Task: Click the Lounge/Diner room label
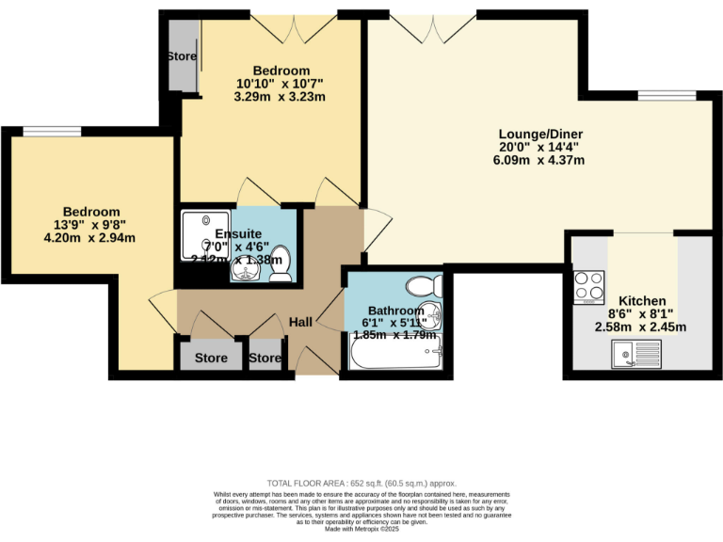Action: click(x=540, y=134)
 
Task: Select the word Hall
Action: click(x=300, y=322)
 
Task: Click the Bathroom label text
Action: click(x=396, y=311)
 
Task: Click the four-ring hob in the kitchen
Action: click(x=588, y=287)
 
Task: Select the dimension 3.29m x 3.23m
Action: click(x=281, y=97)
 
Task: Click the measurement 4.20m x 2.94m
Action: click(x=91, y=238)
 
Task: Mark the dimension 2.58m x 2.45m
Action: click(x=642, y=327)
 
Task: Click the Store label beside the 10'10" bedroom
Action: click(x=182, y=56)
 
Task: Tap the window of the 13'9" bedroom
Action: click(x=52, y=132)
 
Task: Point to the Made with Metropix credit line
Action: click(x=361, y=530)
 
